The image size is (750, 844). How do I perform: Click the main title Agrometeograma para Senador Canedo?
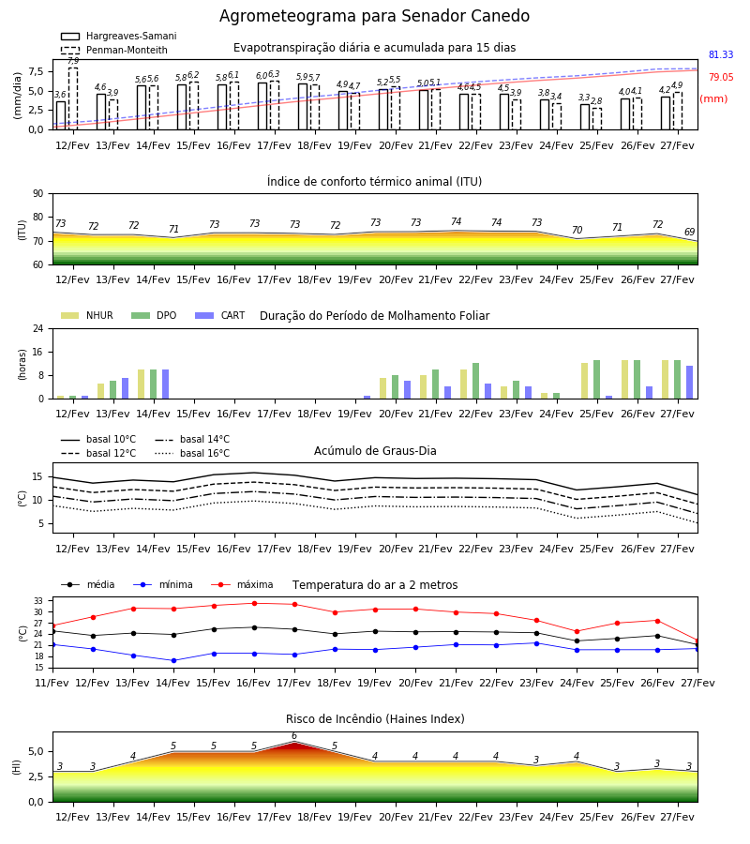(x=374, y=16)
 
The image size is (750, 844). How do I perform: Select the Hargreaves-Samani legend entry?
(x=119, y=36)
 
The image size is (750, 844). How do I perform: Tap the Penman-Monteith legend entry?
(x=114, y=50)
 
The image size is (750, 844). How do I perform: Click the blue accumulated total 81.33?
(x=721, y=54)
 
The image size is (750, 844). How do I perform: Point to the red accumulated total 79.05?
(x=721, y=77)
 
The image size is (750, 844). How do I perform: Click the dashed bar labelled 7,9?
(x=73, y=98)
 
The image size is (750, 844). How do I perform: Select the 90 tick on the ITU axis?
(x=38, y=194)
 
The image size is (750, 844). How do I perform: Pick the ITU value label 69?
(x=689, y=232)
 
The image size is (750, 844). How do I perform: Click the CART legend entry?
(x=220, y=315)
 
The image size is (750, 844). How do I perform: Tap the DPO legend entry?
(x=154, y=315)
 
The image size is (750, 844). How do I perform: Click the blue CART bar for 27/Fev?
(x=689, y=383)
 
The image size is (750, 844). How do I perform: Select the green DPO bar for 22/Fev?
(x=475, y=381)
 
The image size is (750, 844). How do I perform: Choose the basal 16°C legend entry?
(x=192, y=453)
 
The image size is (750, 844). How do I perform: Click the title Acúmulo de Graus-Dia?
(x=375, y=451)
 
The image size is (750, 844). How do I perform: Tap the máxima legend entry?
(x=242, y=584)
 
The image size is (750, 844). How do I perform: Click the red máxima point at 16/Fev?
(x=254, y=603)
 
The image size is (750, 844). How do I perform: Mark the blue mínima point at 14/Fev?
(x=173, y=660)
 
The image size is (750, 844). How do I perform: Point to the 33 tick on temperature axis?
(x=39, y=601)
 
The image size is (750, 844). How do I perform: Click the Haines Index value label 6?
(x=294, y=736)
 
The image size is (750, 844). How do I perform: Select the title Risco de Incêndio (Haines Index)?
(x=375, y=719)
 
